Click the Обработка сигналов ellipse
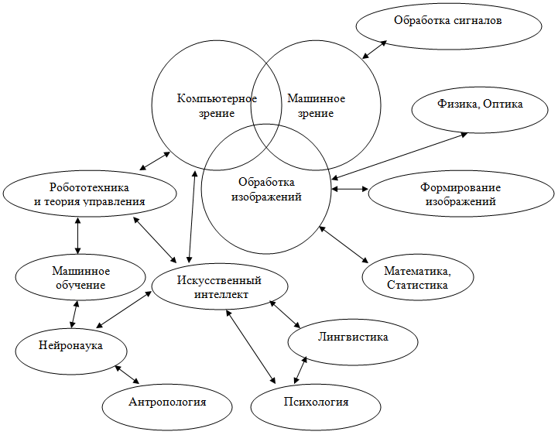pyautogui.click(x=448, y=21)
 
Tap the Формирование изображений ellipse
pyautogui.click(x=460, y=194)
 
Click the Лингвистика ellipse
pyautogui.click(x=353, y=338)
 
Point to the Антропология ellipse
pyautogui.click(x=167, y=402)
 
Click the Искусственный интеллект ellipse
pyautogui.click(x=220, y=286)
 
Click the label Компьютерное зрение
pyautogui.click(x=216, y=105)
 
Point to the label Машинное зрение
pyautogui.click(x=316, y=106)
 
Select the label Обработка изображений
pyautogui.click(x=266, y=190)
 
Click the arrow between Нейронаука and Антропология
pyautogui.click(x=127, y=374)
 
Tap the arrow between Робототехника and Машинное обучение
pyautogui.click(x=78, y=235)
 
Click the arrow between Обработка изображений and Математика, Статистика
pyautogui.click(x=343, y=243)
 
